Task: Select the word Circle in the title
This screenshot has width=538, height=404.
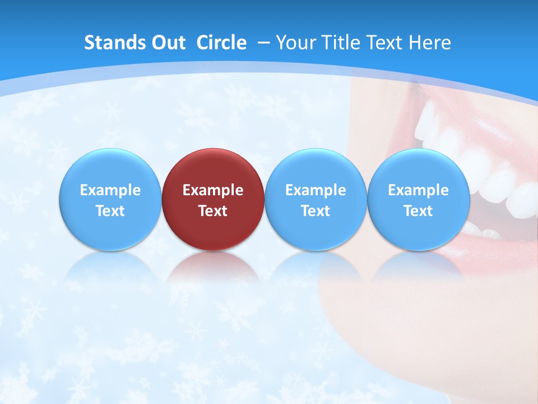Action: point(221,43)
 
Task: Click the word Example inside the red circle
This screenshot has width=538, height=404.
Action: point(213,190)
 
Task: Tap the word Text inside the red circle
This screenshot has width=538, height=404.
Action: point(213,211)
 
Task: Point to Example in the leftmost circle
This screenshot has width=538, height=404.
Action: point(110,190)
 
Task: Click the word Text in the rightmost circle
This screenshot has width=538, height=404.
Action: point(418,211)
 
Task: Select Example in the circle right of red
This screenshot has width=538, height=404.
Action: point(316,190)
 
